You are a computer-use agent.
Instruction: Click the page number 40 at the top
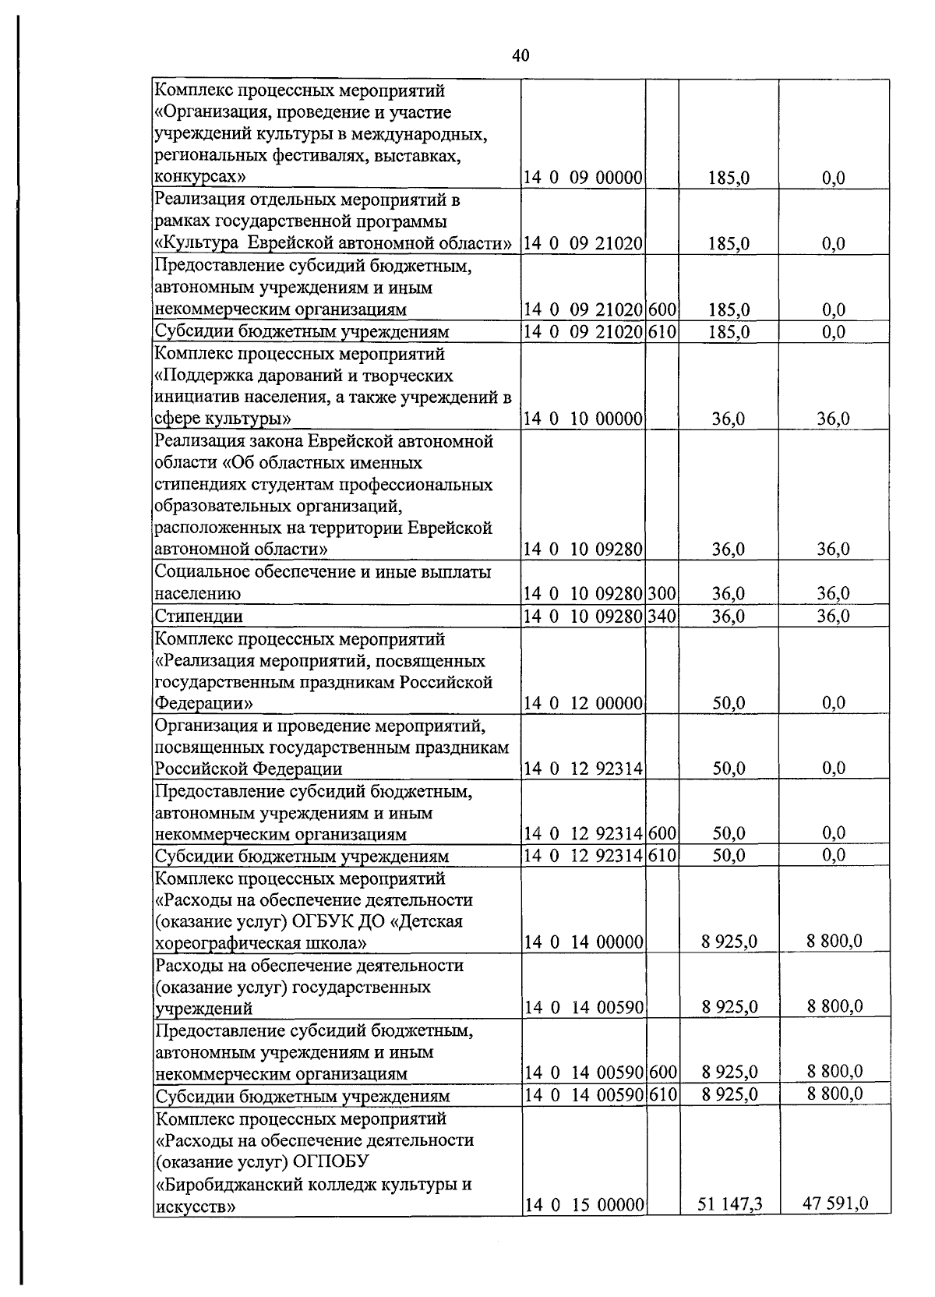click(x=521, y=55)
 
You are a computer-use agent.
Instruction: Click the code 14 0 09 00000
click(x=583, y=178)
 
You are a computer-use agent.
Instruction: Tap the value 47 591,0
click(x=834, y=1225)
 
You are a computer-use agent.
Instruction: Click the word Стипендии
click(x=199, y=617)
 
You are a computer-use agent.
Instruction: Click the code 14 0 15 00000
click(x=583, y=1226)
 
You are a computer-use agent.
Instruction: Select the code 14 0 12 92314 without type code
click(x=583, y=769)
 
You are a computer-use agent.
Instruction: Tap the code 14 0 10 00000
click(x=583, y=419)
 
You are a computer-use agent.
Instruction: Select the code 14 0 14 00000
click(x=583, y=943)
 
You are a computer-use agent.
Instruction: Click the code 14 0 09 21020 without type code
click(x=583, y=244)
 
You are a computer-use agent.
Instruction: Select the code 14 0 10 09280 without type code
click(x=583, y=550)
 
